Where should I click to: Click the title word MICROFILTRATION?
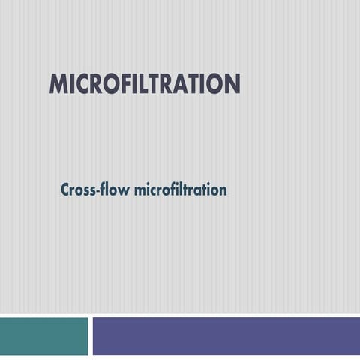coord(145,84)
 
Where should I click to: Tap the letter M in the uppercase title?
coord(58,84)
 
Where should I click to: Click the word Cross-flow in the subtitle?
coord(94,190)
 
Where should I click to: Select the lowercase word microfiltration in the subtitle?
coord(180,190)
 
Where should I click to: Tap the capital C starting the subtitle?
coord(66,190)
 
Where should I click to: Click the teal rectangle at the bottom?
coord(43,335)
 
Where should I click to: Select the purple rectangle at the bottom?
coord(226,335)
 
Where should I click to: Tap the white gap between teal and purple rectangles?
coord(91,335)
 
